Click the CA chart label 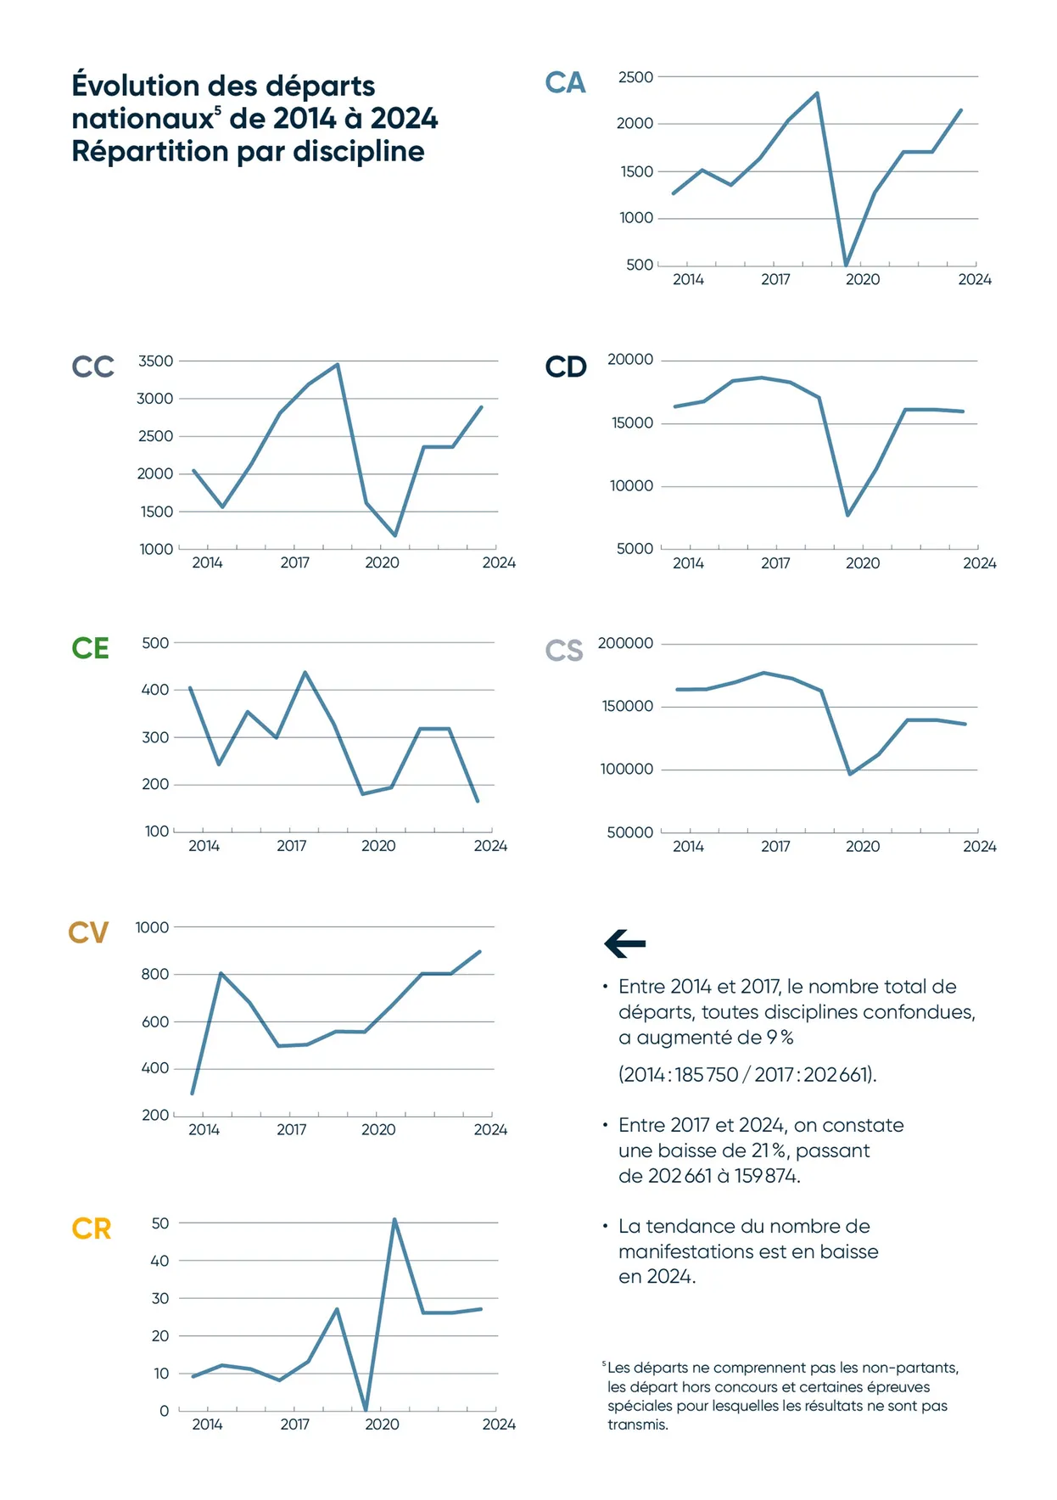[x=565, y=83]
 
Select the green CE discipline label [x=90, y=648]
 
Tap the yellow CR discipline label [x=92, y=1229]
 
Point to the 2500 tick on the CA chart [x=635, y=77]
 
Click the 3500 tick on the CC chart [x=155, y=361]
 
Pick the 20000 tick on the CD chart [x=630, y=360]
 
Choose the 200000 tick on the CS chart [x=625, y=643]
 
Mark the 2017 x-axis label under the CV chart [x=291, y=1129]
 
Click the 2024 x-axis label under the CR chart [x=499, y=1424]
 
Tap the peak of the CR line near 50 [x=394, y=1220]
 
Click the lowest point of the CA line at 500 [x=846, y=264]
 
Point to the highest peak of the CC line [x=338, y=365]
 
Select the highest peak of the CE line [x=305, y=673]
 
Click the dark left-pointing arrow [x=625, y=943]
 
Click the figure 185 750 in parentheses [x=707, y=1074]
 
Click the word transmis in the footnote [x=637, y=1424]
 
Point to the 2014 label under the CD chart [x=688, y=563]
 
